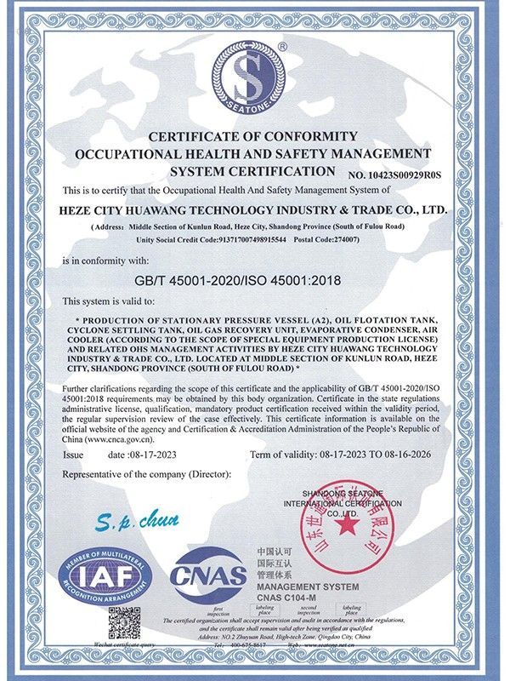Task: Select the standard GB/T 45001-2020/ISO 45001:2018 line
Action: (254, 278)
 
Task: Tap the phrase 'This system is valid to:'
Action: (109, 300)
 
